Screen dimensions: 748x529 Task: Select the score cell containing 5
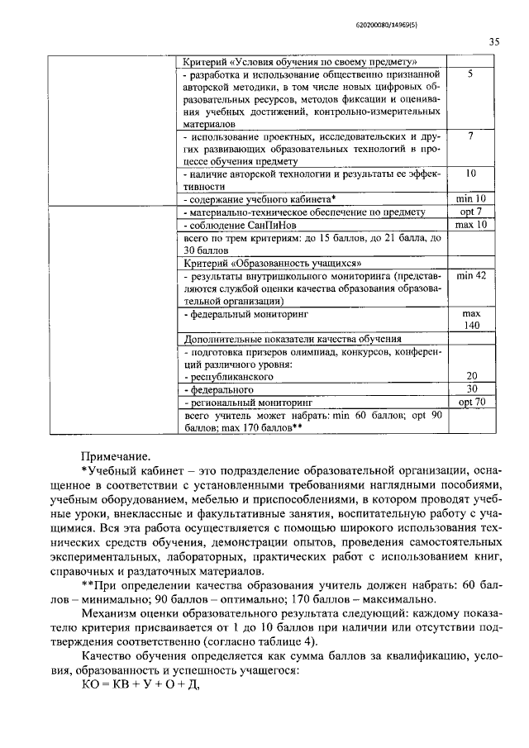pos(469,74)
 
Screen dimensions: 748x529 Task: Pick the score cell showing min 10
pos(469,199)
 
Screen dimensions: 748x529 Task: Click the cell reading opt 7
pos(469,212)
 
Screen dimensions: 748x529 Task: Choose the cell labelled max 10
pos(469,225)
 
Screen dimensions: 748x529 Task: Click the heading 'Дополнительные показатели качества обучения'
pos(292,338)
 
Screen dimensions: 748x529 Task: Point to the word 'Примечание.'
pos(116,455)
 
